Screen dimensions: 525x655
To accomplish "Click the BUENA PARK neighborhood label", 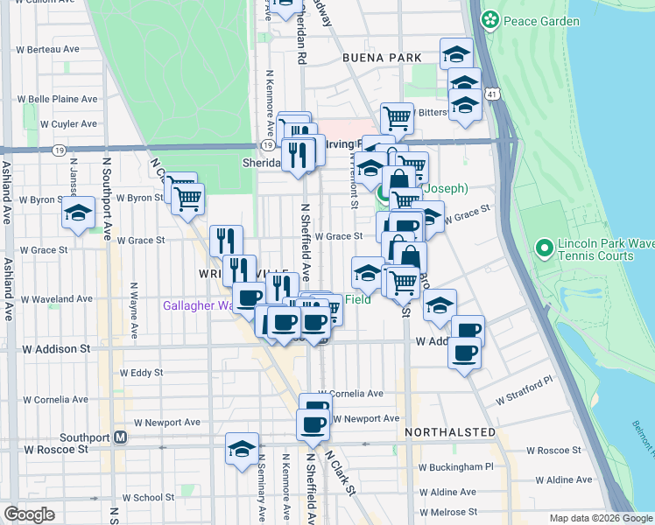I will (383, 58).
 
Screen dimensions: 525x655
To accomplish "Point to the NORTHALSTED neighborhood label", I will (450, 432).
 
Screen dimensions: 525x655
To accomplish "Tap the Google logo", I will (29, 514).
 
